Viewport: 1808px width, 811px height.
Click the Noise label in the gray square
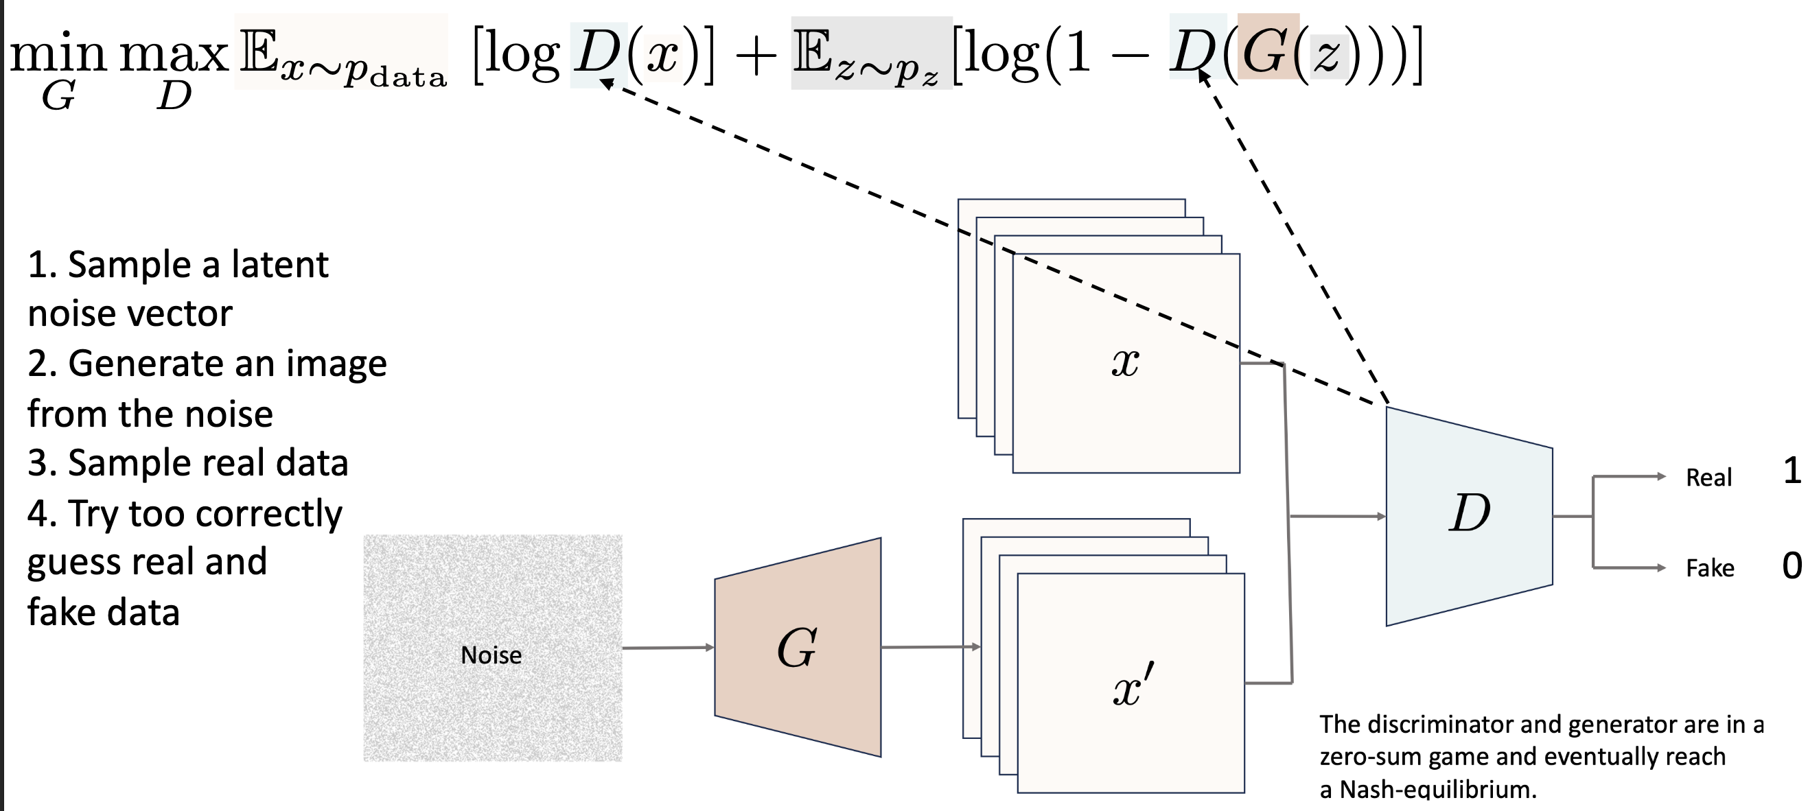coord(491,655)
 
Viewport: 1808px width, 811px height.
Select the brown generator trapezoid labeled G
coord(798,647)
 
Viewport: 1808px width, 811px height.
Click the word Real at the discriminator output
coord(1709,478)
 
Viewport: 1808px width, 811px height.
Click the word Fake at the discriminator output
coord(1710,567)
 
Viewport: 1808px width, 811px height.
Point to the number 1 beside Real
coord(1792,471)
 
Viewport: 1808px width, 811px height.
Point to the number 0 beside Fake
coord(1792,565)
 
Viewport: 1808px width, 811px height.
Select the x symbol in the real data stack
coord(1126,364)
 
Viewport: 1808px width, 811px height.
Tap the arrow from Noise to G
coord(667,648)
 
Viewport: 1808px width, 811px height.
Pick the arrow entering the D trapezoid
coord(1337,517)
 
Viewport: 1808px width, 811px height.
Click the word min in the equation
coord(58,54)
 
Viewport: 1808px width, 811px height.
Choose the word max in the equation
coord(174,54)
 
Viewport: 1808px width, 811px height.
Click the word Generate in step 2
coord(147,364)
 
